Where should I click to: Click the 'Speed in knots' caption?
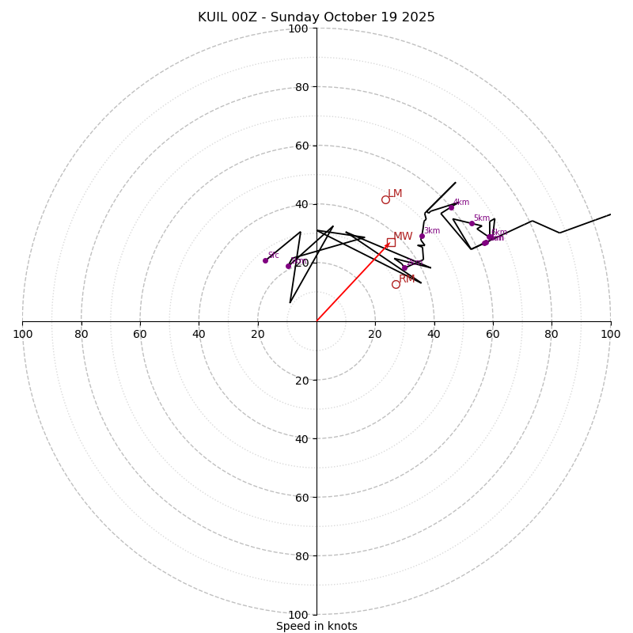316,626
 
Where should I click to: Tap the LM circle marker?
385,199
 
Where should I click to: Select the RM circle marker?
396,284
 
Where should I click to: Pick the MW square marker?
391,242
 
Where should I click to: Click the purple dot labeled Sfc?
265,260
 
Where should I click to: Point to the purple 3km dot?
422,236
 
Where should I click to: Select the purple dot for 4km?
452,207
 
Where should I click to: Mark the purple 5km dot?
472,223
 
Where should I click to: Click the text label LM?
395,194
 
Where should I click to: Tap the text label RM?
407,279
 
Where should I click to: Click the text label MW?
403,237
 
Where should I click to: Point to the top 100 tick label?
298,28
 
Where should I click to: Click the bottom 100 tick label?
298,615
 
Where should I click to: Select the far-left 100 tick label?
22,334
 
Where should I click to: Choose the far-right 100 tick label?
610,334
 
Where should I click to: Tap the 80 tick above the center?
301,87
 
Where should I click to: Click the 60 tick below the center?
301,497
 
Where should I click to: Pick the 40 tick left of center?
199,334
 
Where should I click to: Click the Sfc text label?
273,256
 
